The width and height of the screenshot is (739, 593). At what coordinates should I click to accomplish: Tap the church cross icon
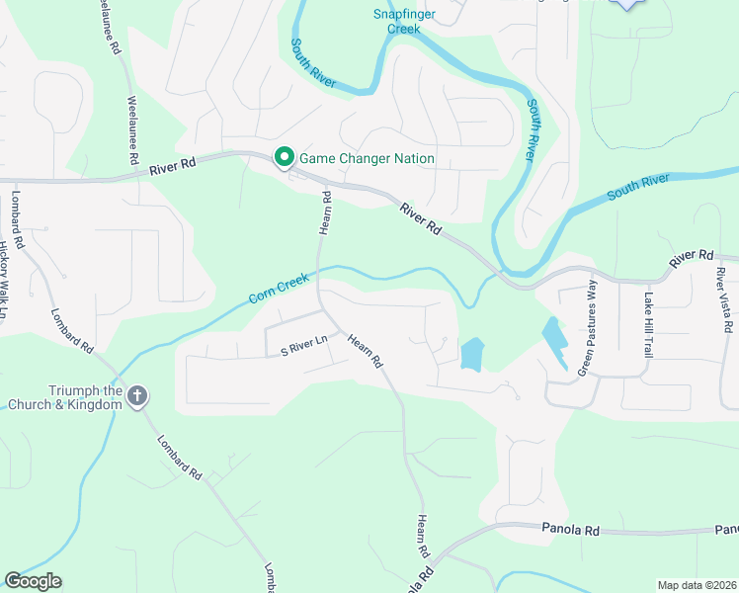coord(137,397)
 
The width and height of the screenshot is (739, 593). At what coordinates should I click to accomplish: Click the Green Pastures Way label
coord(589,326)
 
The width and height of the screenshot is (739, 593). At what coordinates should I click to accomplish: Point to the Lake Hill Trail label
coord(648,324)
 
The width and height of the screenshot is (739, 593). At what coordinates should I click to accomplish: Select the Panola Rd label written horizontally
coord(571,530)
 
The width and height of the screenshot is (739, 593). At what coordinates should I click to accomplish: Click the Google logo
coord(34,581)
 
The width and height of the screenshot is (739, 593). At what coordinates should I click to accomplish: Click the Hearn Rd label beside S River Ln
coord(364,350)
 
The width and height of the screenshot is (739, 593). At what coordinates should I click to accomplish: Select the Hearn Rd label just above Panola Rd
coord(422,535)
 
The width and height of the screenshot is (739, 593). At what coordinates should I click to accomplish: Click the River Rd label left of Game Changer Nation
coord(174,170)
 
